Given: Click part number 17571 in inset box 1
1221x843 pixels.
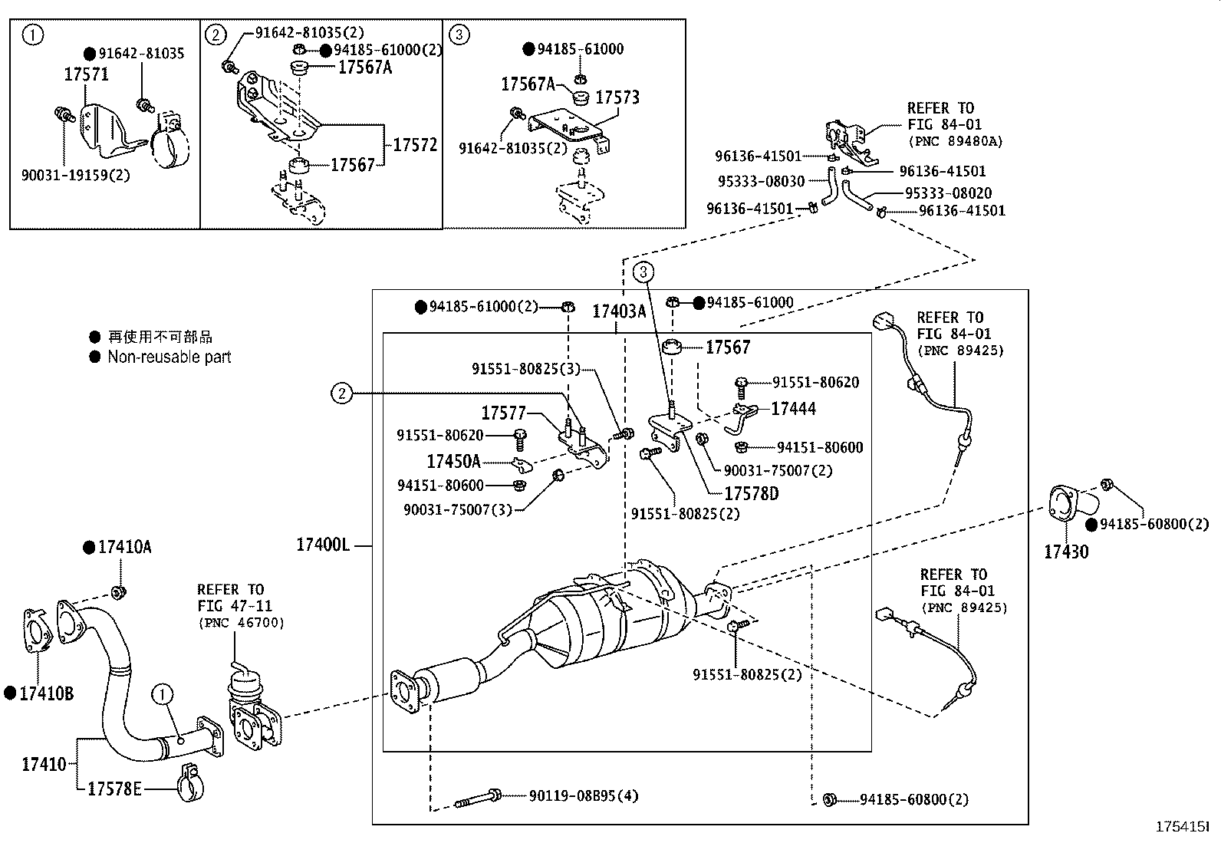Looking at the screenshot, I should point(86,74).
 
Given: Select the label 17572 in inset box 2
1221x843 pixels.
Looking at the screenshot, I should point(415,144).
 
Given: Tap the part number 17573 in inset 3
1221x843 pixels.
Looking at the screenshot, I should point(617,97).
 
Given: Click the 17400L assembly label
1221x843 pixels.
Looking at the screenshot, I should point(323,545).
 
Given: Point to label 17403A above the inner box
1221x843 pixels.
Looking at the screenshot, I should point(618,311).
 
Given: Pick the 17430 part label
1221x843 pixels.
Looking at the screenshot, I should point(1065,551).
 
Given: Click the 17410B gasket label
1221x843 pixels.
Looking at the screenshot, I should point(46,693).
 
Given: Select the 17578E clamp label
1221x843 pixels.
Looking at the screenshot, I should point(114,789).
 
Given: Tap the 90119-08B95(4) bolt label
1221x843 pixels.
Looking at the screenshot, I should point(583,796).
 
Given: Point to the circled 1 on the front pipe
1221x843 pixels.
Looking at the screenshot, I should point(163,695).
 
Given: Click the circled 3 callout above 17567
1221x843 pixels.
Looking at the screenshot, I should point(643,271).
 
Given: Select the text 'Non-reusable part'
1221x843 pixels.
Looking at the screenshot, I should point(169,357).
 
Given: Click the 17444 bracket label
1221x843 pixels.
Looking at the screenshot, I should point(793,409).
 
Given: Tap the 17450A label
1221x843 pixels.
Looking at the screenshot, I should point(453,461).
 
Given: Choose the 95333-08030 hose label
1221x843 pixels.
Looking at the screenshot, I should point(761,182).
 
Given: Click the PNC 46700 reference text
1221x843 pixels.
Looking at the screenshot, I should point(240,622).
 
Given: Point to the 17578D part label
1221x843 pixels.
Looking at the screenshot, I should point(751,493).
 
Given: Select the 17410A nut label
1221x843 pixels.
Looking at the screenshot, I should point(124,547).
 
